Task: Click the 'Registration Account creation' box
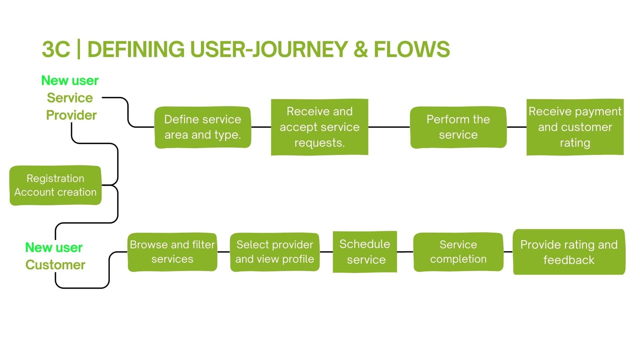pos(55,185)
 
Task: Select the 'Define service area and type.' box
pos(203,127)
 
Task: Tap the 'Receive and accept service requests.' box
pos(319,127)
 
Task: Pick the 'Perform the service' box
pos(458,127)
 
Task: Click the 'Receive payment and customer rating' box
pos(575,127)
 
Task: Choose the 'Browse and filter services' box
pos(172,252)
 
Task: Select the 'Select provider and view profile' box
pos(275,252)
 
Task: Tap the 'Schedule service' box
pos(365,252)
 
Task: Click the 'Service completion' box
pos(458,252)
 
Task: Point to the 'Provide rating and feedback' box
pos(569,252)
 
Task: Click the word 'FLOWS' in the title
pos(412,49)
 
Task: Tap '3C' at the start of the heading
pos(56,49)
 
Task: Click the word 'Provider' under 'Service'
pos(71,115)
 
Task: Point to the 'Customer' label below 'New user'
pos(55,265)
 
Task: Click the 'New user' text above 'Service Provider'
pos(70,81)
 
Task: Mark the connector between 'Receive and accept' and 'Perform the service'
pos(389,127)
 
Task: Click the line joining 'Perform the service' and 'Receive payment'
pos(517,127)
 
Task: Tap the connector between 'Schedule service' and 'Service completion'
pos(405,252)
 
